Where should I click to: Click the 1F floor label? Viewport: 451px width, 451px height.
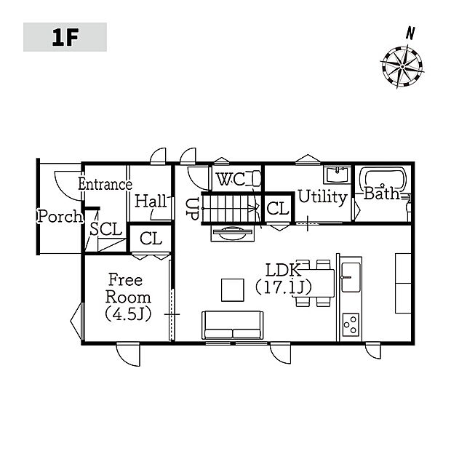(65, 37)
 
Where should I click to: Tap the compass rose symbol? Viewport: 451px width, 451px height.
(402, 67)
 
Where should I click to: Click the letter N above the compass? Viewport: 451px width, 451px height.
(410, 33)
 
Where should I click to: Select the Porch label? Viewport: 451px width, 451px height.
(60, 216)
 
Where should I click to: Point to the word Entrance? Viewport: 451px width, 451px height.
(105, 184)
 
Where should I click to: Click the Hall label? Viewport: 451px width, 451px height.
(151, 201)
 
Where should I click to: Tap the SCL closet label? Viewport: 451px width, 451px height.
(105, 229)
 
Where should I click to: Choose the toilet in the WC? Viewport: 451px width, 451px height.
(257, 178)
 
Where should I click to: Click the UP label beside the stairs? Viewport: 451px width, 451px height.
(192, 209)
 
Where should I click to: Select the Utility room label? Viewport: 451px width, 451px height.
(322, 197)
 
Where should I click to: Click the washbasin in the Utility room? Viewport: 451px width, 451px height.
(337, 175)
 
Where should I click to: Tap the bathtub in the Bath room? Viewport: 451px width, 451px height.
(385, 180)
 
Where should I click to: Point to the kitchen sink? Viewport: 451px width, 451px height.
(351, 277)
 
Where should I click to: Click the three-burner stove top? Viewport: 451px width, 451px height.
(351, 324)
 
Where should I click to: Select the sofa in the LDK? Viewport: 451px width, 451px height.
(232, 325)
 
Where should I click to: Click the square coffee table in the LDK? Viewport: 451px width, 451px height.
(233, 290)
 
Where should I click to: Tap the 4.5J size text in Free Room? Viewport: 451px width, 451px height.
(128, 315)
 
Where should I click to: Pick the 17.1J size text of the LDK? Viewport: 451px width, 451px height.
(283, 287)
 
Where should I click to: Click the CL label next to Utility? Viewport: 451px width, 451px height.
(278, 208)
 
